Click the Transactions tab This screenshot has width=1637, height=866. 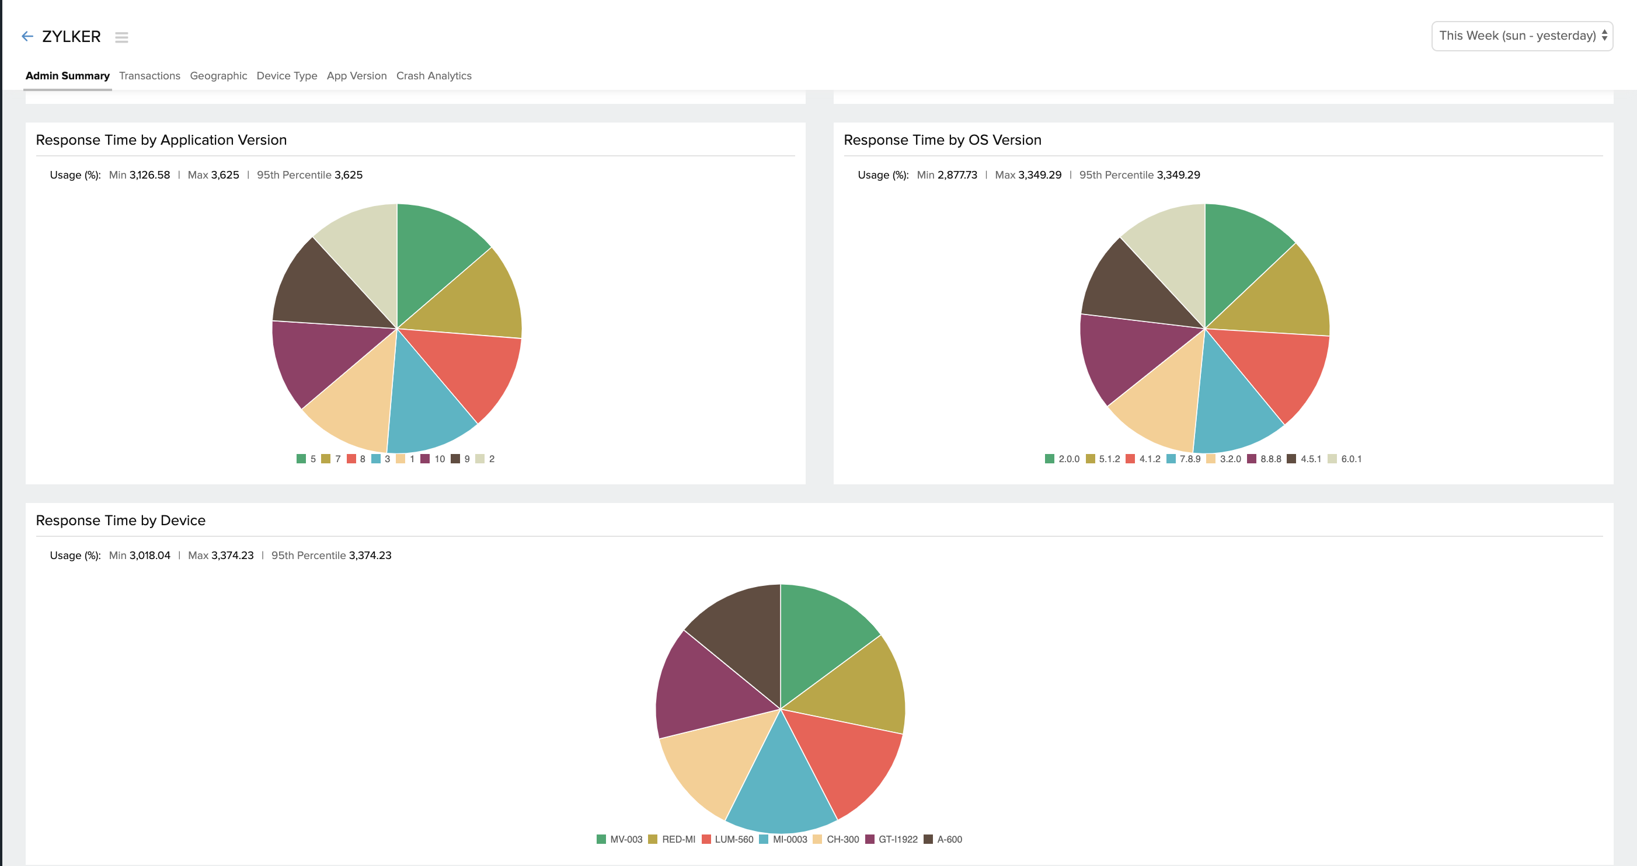point(149,76)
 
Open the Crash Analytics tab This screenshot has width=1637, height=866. point(433,76)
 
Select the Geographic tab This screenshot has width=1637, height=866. point(218,76)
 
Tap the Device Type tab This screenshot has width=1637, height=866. point(287,76)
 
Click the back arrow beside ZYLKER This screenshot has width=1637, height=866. point(27,36)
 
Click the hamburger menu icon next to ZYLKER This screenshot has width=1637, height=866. point(121,37)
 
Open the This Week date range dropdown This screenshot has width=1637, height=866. point(1521,36)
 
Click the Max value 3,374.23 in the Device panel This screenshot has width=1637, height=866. point(232,556)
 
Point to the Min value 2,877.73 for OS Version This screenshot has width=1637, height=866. point(957,174)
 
